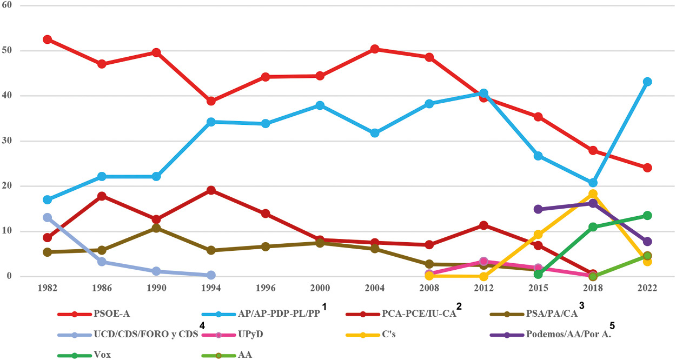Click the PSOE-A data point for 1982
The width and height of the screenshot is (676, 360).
[47, 39]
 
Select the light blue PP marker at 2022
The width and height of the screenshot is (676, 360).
[647, 82]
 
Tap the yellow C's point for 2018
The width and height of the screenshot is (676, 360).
[593, 194]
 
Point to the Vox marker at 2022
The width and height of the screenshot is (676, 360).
[647, 216]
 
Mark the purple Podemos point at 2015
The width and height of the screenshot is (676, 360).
[538, 209]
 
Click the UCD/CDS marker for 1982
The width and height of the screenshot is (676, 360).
[47, 217]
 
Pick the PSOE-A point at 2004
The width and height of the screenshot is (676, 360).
[374, 49]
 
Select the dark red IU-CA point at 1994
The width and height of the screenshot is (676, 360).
[211, 190]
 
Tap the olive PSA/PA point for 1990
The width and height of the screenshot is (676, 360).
[156, 228]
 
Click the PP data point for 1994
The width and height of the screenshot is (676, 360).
[211, 122]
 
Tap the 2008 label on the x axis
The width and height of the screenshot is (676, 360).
[429, 289]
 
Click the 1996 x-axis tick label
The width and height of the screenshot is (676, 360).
[266, 289]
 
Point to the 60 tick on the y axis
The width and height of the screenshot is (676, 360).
[8, 5]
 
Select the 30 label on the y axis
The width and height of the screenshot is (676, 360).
[8, 141]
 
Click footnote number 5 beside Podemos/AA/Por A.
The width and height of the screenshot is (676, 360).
[612, 325]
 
